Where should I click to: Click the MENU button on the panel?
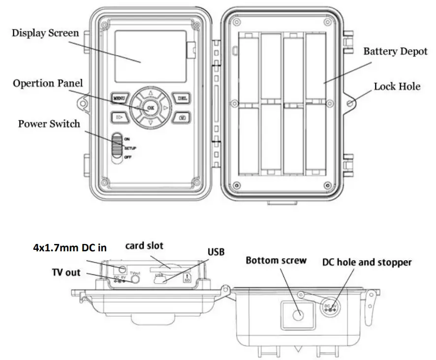coord(120,98)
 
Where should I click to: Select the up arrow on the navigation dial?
coord(151,92)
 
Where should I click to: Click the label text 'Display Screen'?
coord(45,33)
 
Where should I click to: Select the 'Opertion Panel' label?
coord(48,83)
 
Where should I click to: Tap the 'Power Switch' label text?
coord(49,123)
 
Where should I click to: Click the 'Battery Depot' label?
coord(395,51)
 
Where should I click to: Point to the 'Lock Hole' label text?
coord(397,87)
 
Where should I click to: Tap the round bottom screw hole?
coord(297,315)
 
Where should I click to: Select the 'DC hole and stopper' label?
coord(367,262)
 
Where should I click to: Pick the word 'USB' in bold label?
coord(216,252)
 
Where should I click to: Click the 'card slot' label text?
coord(144,246)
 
